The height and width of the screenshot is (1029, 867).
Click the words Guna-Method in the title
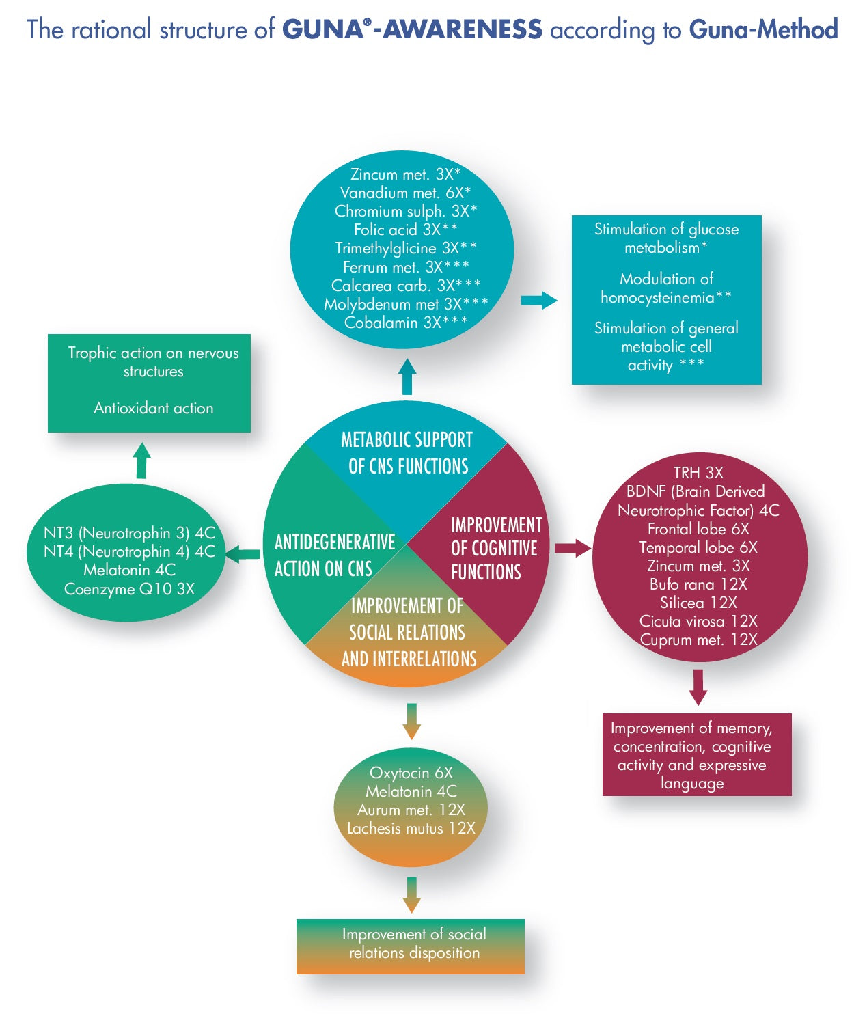(x=763, y=29)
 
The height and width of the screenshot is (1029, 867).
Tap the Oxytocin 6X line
(x=411, y=773)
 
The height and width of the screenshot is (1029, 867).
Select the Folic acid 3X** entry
(x=405, y=230)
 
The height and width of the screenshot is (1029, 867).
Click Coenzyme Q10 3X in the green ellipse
(x=129, y=589)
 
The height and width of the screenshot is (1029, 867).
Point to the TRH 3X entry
(x=698, y=473)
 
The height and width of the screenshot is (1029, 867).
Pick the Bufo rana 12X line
(x=698, y=584)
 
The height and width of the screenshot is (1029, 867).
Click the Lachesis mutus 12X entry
(x=411, y=828)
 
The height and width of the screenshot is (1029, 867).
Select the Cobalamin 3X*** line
(x=406, y=323)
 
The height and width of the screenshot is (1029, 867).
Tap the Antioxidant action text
(x=153, y=408)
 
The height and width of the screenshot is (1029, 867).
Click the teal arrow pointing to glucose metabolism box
(x=538, y=300)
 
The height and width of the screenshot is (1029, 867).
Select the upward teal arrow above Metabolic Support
(x=407, y=376)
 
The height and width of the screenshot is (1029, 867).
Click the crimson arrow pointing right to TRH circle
(x=572, y=547)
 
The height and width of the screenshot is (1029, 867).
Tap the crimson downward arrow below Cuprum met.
(x=698, y=687)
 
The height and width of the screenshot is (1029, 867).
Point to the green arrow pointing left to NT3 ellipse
(x=243, y=554)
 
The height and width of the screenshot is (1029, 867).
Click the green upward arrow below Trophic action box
(x=142, y=460)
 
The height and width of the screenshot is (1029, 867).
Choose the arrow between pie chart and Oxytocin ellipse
(x=411, y=720)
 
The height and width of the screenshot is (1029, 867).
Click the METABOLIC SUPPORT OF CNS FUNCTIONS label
(x=407, y=452)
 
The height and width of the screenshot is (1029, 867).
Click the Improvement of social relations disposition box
(x=411, y=946)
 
